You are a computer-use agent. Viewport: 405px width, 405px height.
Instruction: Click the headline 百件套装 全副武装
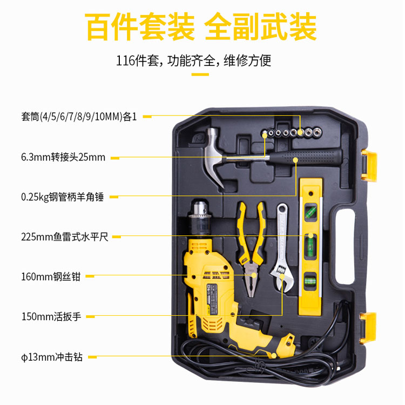click(201, 27)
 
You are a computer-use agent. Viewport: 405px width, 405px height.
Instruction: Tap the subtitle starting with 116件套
click(193, 60)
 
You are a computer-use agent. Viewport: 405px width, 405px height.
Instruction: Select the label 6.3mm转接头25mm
click(63, 157)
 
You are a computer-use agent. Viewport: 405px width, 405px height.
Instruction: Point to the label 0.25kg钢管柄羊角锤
click(63, 197)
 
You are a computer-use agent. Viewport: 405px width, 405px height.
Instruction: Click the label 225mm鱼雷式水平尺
click(65, 237)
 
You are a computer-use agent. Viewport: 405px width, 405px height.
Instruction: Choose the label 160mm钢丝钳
click(51, 276)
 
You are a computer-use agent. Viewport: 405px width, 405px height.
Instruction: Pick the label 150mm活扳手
click(51, 316)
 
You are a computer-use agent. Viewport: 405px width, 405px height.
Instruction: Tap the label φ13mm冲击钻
click(52, 357)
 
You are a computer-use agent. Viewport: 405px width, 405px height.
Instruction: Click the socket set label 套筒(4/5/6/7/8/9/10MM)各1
click(79, 117)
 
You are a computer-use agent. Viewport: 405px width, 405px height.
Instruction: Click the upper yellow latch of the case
click(369, 166)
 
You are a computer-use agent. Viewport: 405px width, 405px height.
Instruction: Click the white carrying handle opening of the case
click(346, 246)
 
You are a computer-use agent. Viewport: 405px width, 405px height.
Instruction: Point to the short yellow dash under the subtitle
click(200, 75)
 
